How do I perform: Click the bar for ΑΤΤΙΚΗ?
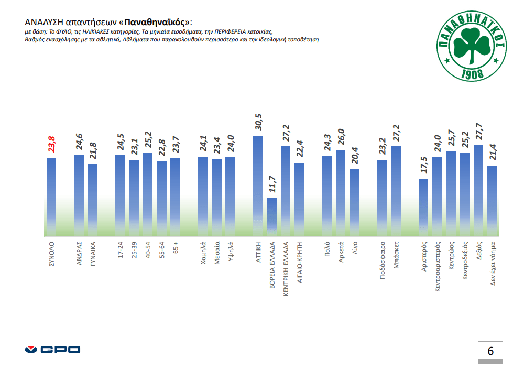pyautogui.click(x=258, y=186)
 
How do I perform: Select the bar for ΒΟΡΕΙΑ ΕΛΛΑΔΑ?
pyautogui.click(x=271, y=216)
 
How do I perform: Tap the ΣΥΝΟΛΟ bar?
pyautogui.click(x=51, y=197)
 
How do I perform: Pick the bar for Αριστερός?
pyautogui.click(x=423, y=207)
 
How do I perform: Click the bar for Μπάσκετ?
pyautogui.click(x=396, y=191)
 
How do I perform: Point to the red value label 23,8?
pyautogui.click(x=51, y=145)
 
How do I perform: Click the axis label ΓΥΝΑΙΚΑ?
pyautogui.click(x=93, y=254)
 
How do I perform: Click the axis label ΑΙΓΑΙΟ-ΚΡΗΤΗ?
pyautogui.click(x=299, y=262)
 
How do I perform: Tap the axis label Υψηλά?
pyautogui.click(x=231, y=251)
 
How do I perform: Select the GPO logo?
pyautogui.click(x=52, y=349)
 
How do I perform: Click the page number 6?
pyautogui.click(x=490, y=351)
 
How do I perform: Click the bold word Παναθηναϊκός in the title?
pyautogui.click(x=156, y=23)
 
